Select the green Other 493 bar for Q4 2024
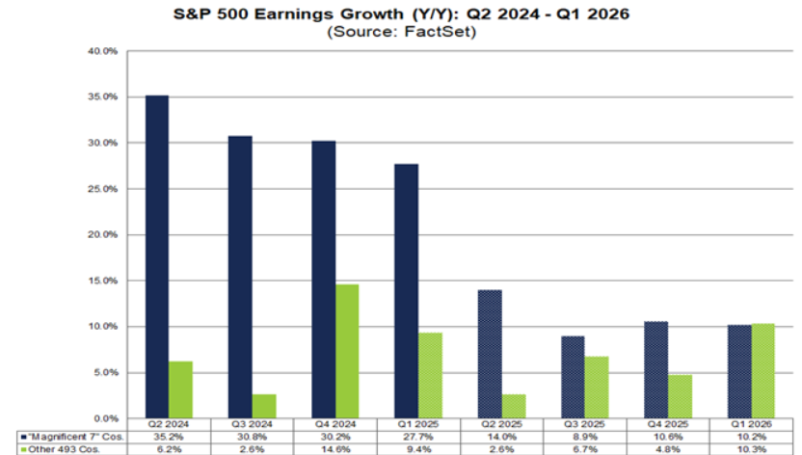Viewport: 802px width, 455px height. (348, 351)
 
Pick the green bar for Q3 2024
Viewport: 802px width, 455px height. (265, 406)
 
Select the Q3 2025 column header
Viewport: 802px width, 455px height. (585, 425)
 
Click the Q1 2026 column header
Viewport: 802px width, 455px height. (751, 425)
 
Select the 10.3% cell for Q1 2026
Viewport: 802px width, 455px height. (751, 449)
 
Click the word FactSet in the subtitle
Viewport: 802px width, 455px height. (435, 32)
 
